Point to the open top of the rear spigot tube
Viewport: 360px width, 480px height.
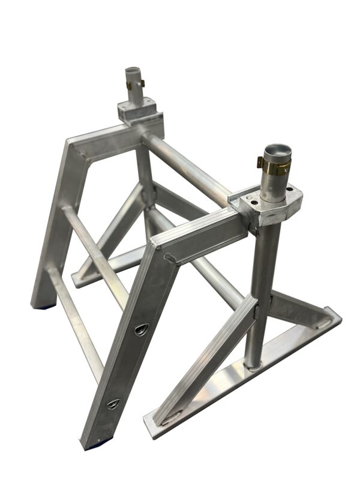[134, 71]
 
